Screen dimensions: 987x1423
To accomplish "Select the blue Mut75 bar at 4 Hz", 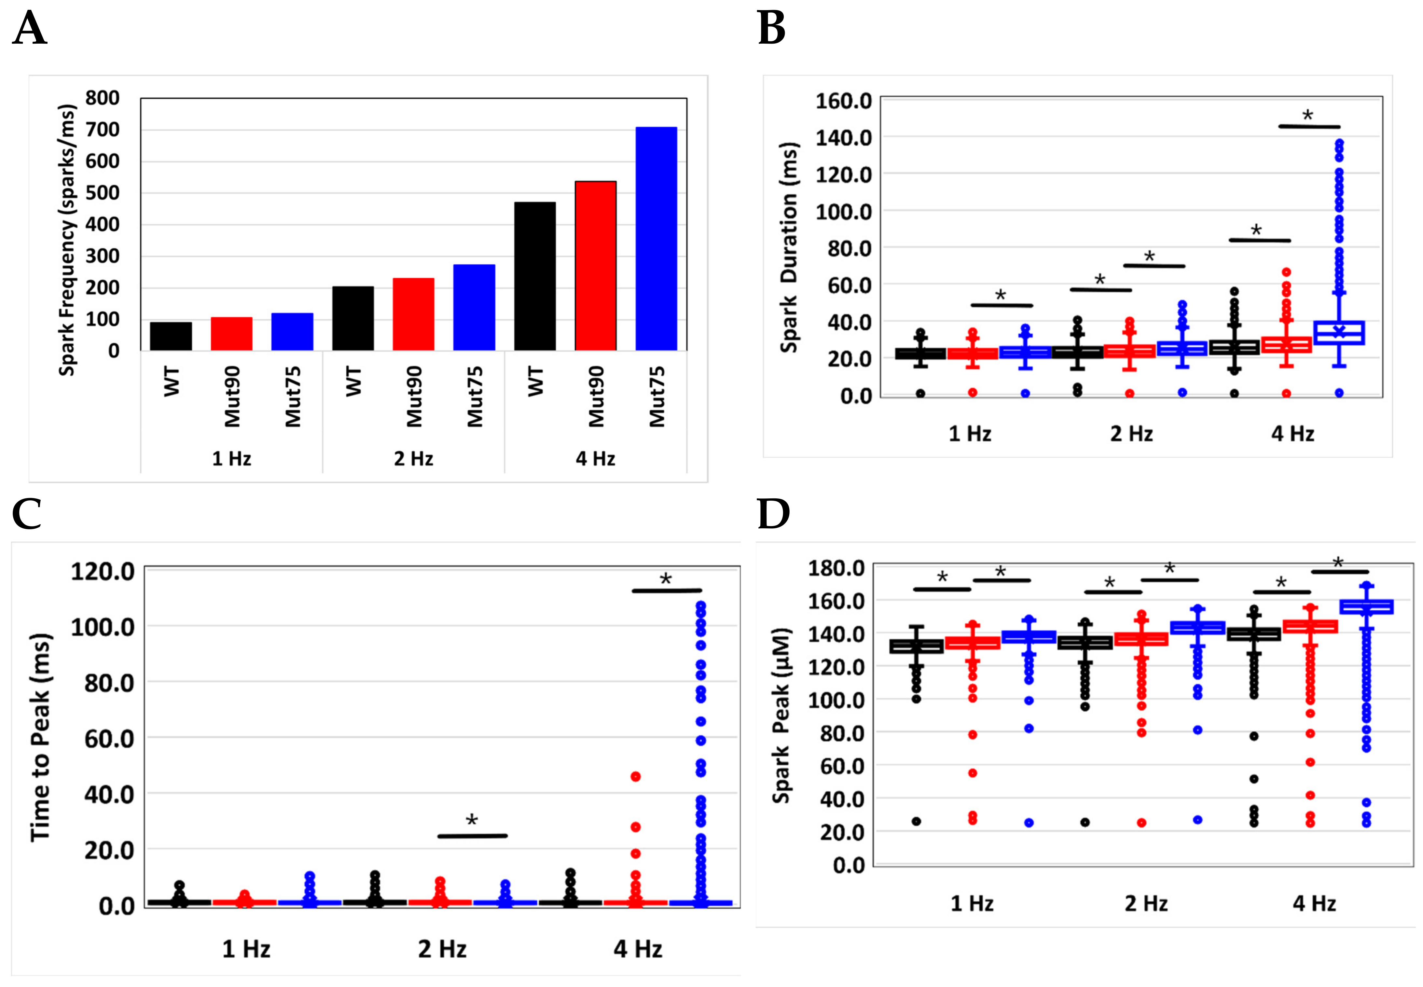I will pos(656,239).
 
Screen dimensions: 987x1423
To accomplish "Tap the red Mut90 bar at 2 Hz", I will pos(413,314).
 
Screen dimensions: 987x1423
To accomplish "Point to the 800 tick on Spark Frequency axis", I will pos(103,98).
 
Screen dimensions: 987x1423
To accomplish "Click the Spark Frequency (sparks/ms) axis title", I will pos(67,240).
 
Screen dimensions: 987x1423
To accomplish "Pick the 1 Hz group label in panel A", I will pos(231,459).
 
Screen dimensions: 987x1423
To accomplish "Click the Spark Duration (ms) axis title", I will pos(788,247).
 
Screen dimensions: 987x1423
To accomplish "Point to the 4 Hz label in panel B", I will pos(1292,434).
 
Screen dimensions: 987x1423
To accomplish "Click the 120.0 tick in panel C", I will pos(103,571).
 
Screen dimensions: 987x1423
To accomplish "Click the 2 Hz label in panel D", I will pos(1146,904).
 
